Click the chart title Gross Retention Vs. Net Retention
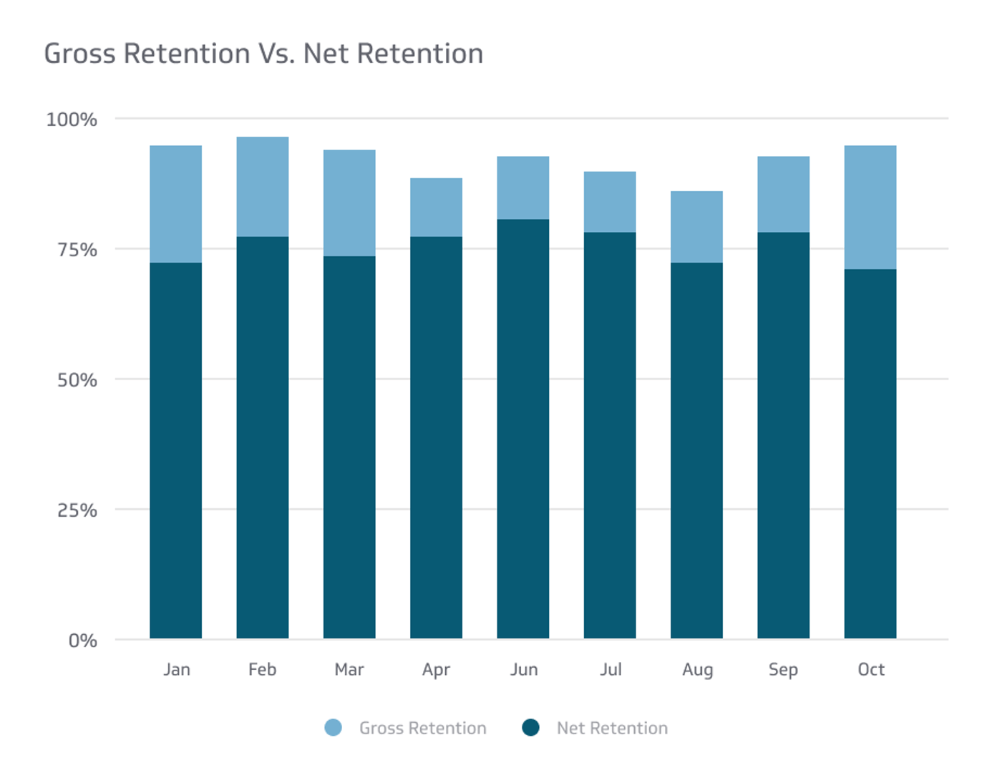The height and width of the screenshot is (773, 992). click(x=263, y=54)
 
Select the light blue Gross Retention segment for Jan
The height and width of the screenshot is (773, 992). click(x=175, y=204)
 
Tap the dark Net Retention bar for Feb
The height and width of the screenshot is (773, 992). click(x=263, y=437)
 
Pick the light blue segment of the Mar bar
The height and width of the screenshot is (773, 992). click(x=349, y=203)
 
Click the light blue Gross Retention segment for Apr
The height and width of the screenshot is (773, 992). click(x=436, y=207)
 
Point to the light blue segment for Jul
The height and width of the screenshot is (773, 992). click(x=610, y=202)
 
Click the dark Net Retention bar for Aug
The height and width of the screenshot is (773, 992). click(x=696, y=450)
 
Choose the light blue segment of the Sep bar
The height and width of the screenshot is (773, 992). click(x=783, y=194)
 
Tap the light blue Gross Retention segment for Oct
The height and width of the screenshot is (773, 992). click(x=870, y=207)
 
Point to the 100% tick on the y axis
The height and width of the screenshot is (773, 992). click(x=72, y=120)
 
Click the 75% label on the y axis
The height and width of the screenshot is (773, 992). click(x=77, y=250)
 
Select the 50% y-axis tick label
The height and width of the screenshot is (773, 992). click(x=77, y=380)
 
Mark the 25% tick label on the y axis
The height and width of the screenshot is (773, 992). click(x=77, y=510)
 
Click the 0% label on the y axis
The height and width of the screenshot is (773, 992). click(x=82, y=641)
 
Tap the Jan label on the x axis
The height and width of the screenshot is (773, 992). click(x=176, y=669)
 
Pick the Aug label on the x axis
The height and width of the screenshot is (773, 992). click(x=697, y=670)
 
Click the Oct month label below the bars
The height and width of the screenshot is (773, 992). click(x=871, y=669)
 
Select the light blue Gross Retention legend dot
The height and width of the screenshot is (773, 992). click(x=333, y=728)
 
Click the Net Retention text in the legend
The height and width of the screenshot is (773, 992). click(x=612, y=728)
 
